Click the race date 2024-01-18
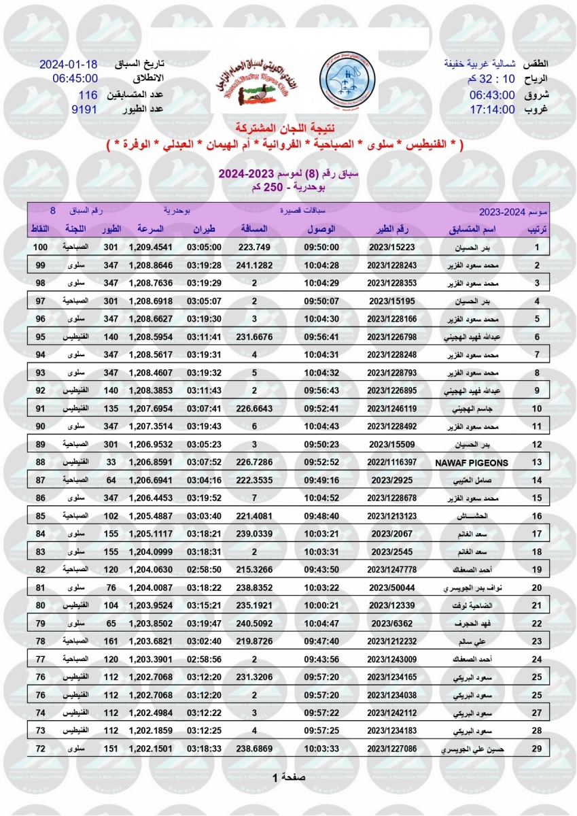[x=69, y=65]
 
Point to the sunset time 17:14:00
[x=492, y=109]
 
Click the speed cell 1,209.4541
[x=150, y=248]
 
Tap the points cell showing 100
[x=40, y=248]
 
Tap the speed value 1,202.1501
[x=150, y=748]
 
